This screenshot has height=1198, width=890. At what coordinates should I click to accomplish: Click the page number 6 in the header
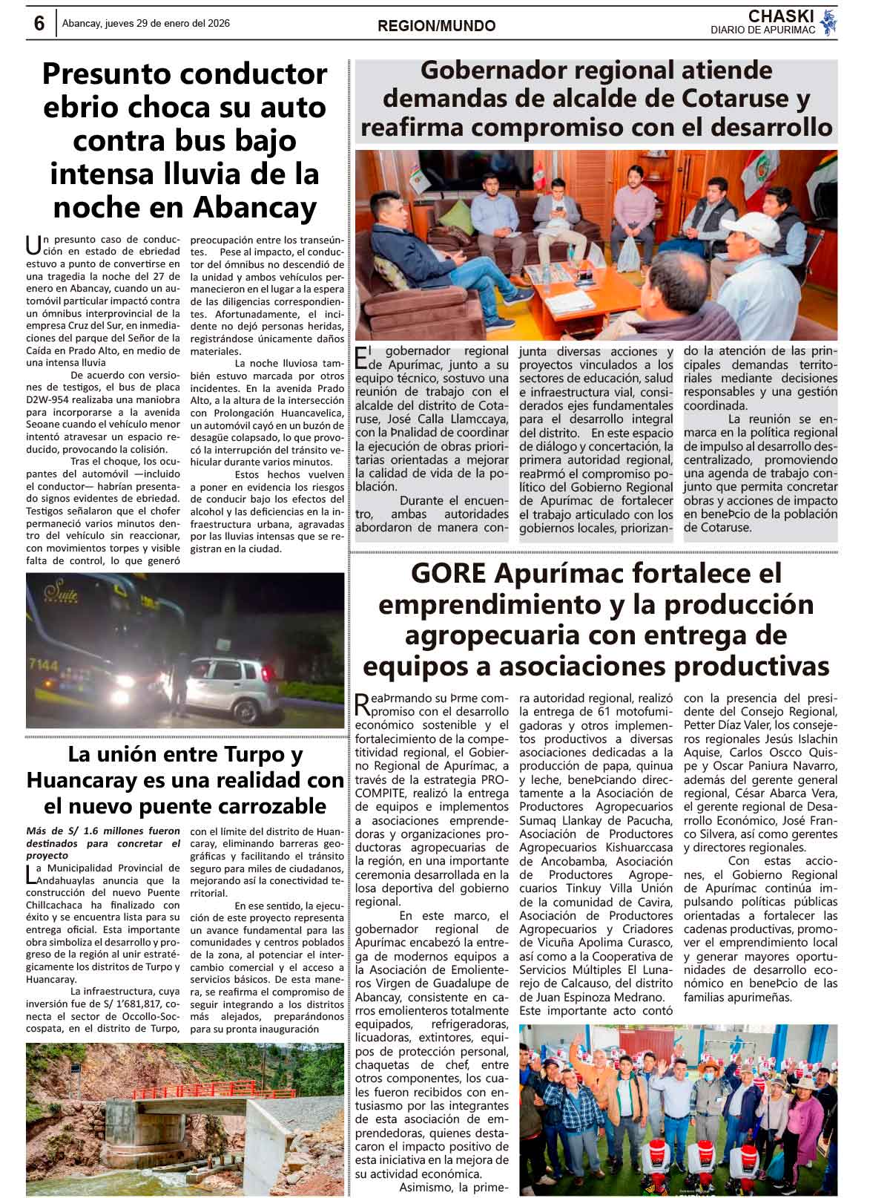coord(39,23)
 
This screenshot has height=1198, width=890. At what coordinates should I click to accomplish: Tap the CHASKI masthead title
coord(781,16)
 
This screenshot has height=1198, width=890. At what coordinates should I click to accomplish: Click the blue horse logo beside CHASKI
coord(829,23)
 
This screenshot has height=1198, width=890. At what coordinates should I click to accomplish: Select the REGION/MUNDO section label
coord(436,26)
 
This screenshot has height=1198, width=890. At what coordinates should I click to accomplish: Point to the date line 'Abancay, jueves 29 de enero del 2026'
coord(146,23)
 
